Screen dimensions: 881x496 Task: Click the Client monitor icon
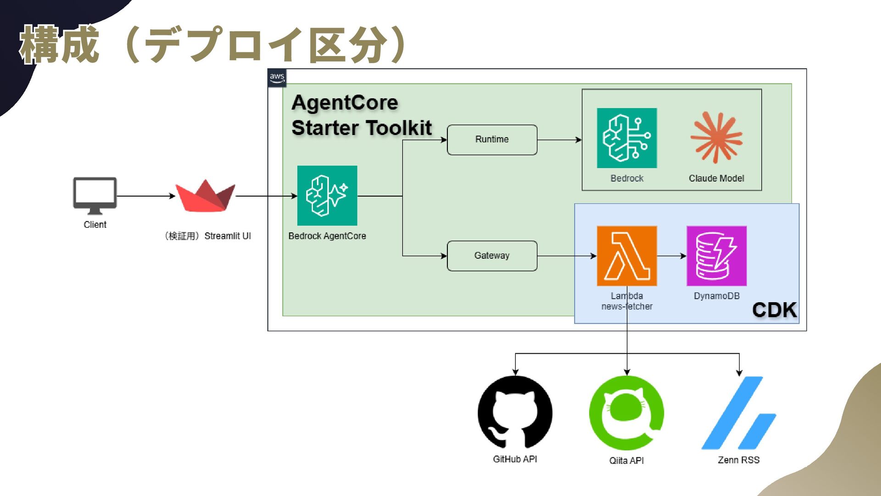95,196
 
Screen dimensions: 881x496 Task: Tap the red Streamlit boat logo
205,196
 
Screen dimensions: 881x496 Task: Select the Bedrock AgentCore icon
327,196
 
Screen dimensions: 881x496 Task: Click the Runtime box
492,140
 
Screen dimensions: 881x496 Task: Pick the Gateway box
492,256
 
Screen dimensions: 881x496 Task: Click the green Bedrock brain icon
627,138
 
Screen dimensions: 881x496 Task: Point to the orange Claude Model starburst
716,138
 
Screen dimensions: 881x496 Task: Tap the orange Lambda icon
627,256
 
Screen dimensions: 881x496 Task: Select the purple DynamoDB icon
716,256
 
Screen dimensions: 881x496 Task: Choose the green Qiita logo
626,413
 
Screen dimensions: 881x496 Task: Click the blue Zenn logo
739,413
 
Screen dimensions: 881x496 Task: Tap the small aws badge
277,78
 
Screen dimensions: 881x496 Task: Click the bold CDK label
775,310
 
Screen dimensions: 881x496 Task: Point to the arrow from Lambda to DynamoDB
672,256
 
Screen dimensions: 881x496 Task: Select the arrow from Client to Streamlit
146,196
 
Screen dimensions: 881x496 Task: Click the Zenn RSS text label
739,460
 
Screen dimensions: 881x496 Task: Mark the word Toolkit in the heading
399,128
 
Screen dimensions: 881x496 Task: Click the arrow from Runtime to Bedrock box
559,140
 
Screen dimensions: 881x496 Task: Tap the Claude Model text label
716,178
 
